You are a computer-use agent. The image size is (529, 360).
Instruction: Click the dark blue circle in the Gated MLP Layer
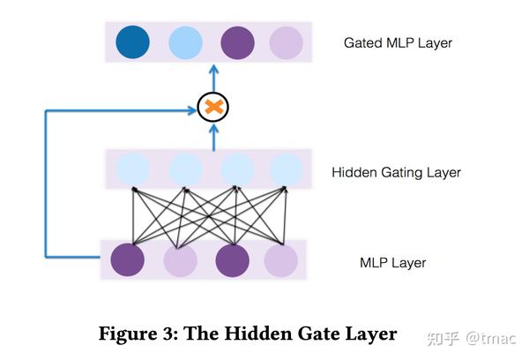pos(133,41)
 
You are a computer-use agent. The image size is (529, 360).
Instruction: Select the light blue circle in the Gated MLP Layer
pos(186,41)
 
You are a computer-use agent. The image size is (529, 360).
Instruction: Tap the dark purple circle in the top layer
pos(237,41)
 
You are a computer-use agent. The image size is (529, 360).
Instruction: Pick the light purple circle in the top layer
pos(286,41)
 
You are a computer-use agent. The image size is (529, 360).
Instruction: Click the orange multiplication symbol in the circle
pos(212,108)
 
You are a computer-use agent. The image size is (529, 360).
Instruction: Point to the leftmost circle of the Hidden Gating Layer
pos(133,169)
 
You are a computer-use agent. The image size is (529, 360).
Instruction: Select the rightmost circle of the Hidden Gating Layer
pos(286,169)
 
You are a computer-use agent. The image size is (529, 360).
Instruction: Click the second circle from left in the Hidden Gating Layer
pos(186,169)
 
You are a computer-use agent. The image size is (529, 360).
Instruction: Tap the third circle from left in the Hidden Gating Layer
pos(236,169)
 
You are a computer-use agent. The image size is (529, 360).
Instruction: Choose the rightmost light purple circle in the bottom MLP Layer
pos(281,260)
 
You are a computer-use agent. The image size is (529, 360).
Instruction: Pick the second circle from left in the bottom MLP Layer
pos(181,260)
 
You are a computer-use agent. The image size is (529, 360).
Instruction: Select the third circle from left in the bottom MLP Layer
pos(233,260)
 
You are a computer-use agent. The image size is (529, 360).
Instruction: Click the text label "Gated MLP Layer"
pos(398,43)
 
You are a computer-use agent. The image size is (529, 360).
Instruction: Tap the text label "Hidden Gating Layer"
pos(396,172)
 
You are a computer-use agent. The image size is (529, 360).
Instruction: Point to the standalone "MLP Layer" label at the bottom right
pos(392,263)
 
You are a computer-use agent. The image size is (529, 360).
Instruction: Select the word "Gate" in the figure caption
pos(316,334)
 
